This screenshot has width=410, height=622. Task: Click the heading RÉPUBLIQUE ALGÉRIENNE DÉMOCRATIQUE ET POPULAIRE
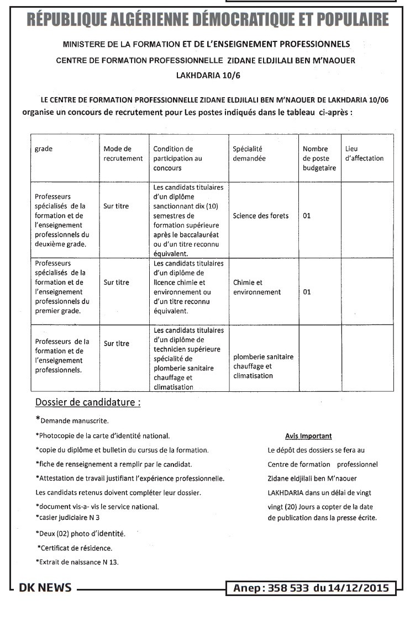click(x=207, y=20)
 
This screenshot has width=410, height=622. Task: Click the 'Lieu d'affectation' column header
click(x=364, y=153)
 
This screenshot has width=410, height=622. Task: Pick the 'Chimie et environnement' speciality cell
click(x=256, y=287)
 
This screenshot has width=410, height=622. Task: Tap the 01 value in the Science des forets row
click(x=307, y=216)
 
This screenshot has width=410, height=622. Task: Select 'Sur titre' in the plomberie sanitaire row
click(x=116, y=343)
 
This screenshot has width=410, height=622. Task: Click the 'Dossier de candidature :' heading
click(x=87, y=402)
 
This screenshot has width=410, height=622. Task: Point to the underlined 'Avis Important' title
click(x=308, y=436)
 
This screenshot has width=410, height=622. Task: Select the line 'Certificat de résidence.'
click(x=75, y=548)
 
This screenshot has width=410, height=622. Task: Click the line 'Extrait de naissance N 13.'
click(x=77, y=562)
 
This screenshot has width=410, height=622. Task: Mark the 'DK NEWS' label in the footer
click(x=45, y=588)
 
